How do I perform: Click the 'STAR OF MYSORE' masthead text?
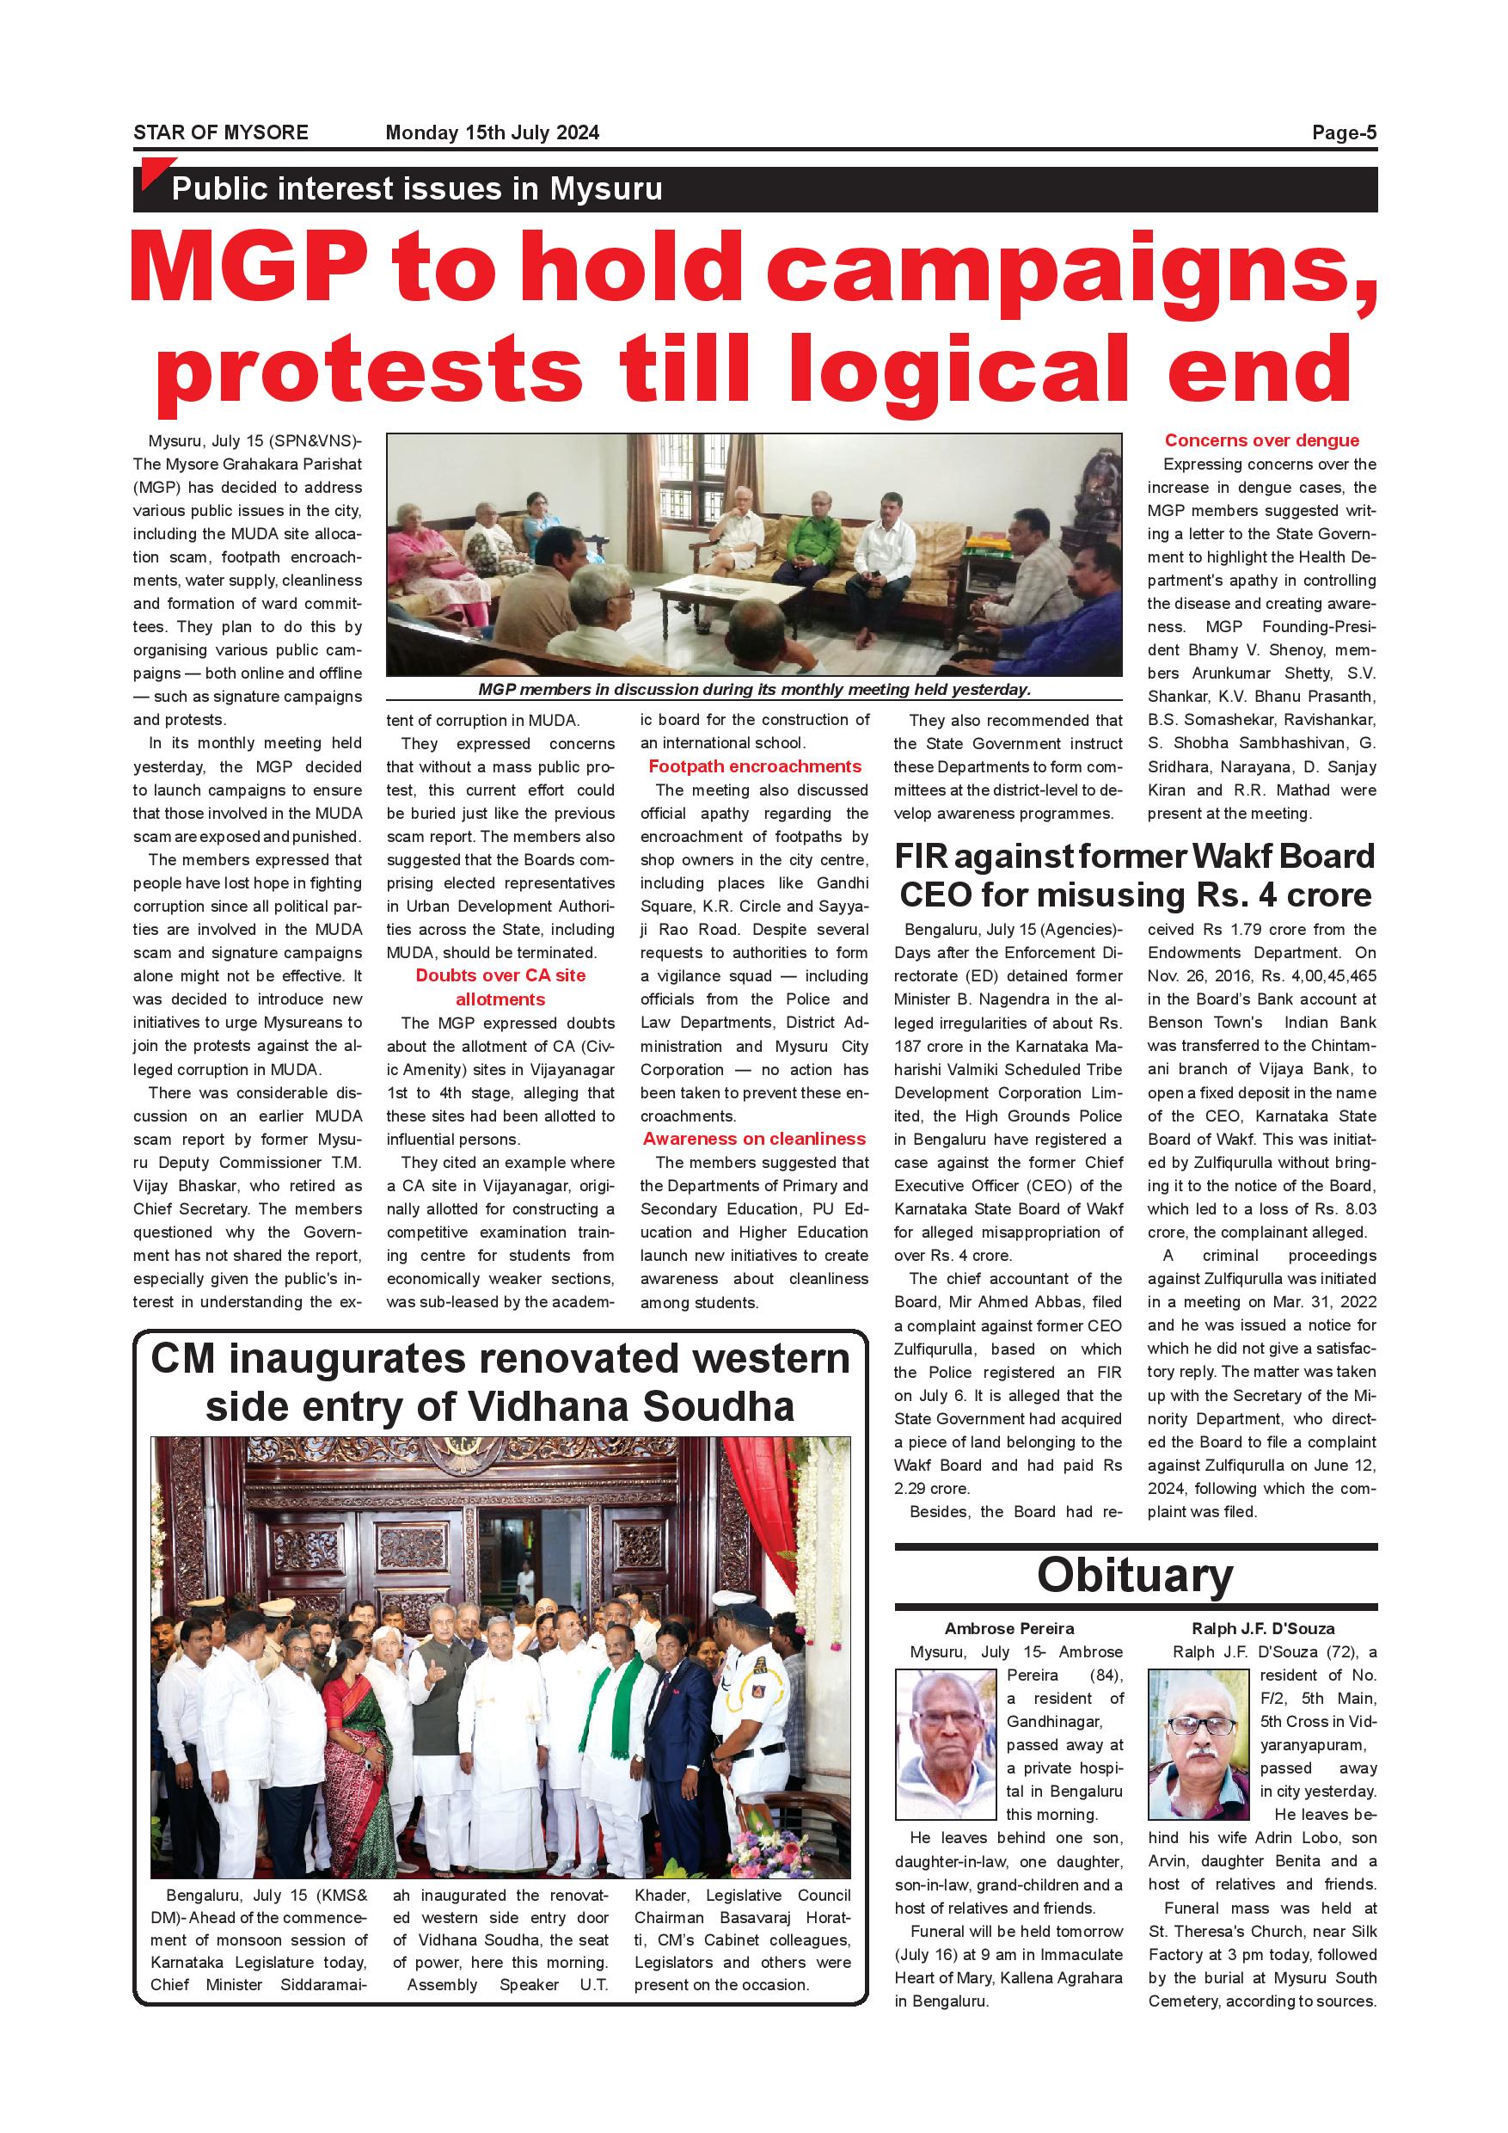(220, 132)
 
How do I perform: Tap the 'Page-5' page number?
(1344, 132)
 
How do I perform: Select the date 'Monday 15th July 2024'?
(492, 132)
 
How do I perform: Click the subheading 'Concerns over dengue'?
(1261, 440)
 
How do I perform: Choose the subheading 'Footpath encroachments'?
(754, 766)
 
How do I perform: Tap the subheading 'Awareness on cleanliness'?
(754, 1139)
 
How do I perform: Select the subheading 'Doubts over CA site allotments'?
(500, 987)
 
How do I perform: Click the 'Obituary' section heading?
(1135, 1576)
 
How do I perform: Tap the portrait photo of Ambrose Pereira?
(945, 1743)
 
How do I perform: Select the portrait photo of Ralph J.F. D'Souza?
(1198, 1743)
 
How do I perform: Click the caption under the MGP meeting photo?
(754, 689)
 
